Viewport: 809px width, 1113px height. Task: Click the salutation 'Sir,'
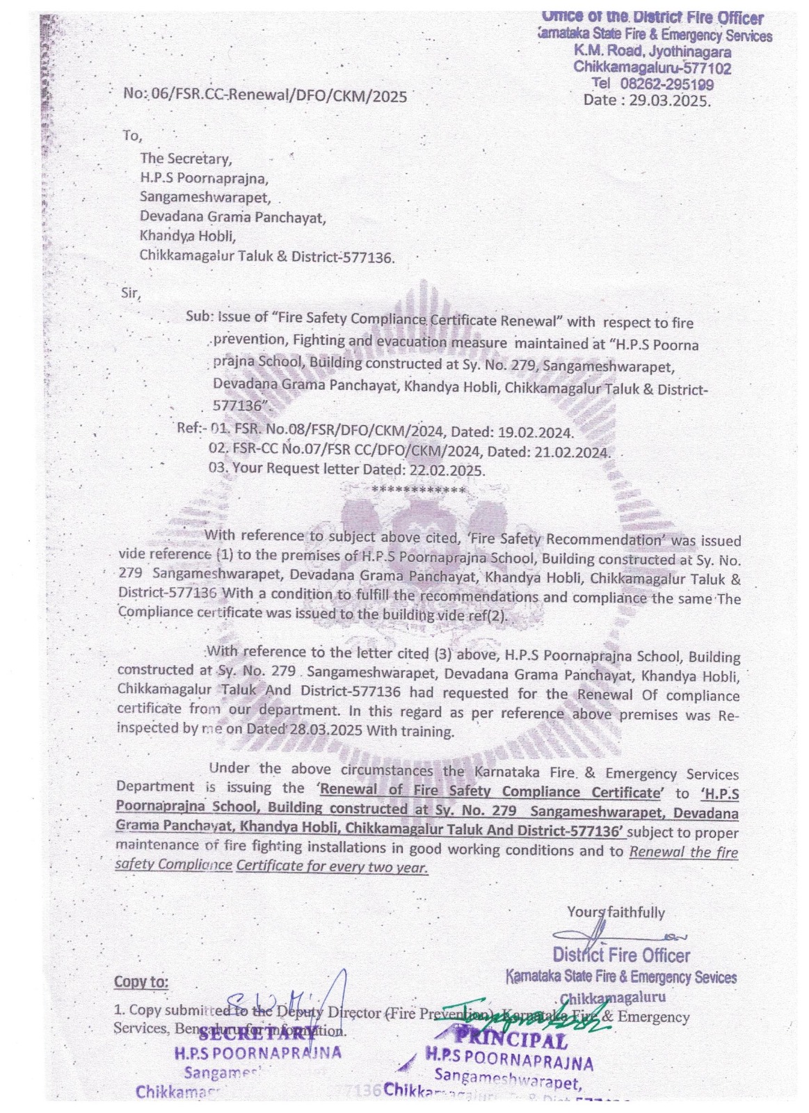[131, 293]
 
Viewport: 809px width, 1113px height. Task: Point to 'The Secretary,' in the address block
[186, 159]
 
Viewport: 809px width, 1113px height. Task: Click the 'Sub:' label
[199, 317]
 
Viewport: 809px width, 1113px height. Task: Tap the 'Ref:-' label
[192, 427]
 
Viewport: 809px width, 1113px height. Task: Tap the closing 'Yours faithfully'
[616, 912]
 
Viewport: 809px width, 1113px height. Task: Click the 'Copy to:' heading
[141, 982]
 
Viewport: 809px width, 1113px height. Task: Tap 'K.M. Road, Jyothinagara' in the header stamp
[652, 51]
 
